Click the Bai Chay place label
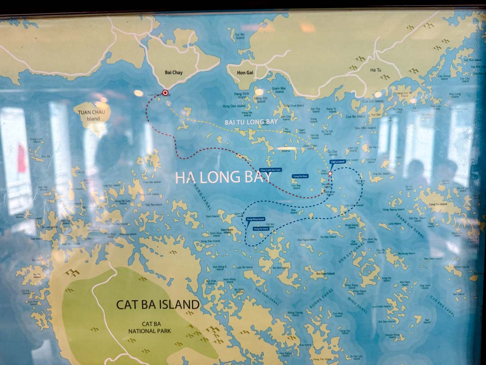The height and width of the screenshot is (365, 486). point(174,72)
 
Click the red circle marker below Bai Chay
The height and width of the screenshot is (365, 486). point(165,93)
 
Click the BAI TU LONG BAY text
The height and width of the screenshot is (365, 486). point(251,122)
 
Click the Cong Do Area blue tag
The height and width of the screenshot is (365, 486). point(300,176)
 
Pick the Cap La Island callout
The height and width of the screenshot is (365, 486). point(337,161)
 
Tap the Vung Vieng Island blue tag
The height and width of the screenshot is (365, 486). point(256,219)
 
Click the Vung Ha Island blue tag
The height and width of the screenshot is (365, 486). point(261,228)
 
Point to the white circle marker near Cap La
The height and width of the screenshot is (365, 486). point(330,173)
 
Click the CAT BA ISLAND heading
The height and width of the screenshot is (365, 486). point(157,304)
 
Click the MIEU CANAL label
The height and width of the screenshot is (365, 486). point(358,304)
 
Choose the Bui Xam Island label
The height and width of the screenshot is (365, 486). point(325,274)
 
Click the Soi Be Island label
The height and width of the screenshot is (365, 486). point(240,36)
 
